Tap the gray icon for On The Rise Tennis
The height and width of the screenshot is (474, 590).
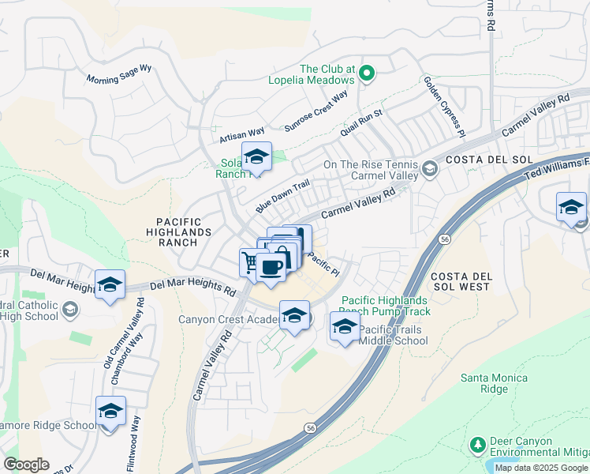429,168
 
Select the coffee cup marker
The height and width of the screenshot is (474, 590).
271,268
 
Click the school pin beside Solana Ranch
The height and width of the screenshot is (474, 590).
256,158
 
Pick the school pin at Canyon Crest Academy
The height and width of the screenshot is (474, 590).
294,316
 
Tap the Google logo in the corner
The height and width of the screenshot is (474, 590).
26,465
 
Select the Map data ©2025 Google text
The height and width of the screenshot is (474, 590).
541,468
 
